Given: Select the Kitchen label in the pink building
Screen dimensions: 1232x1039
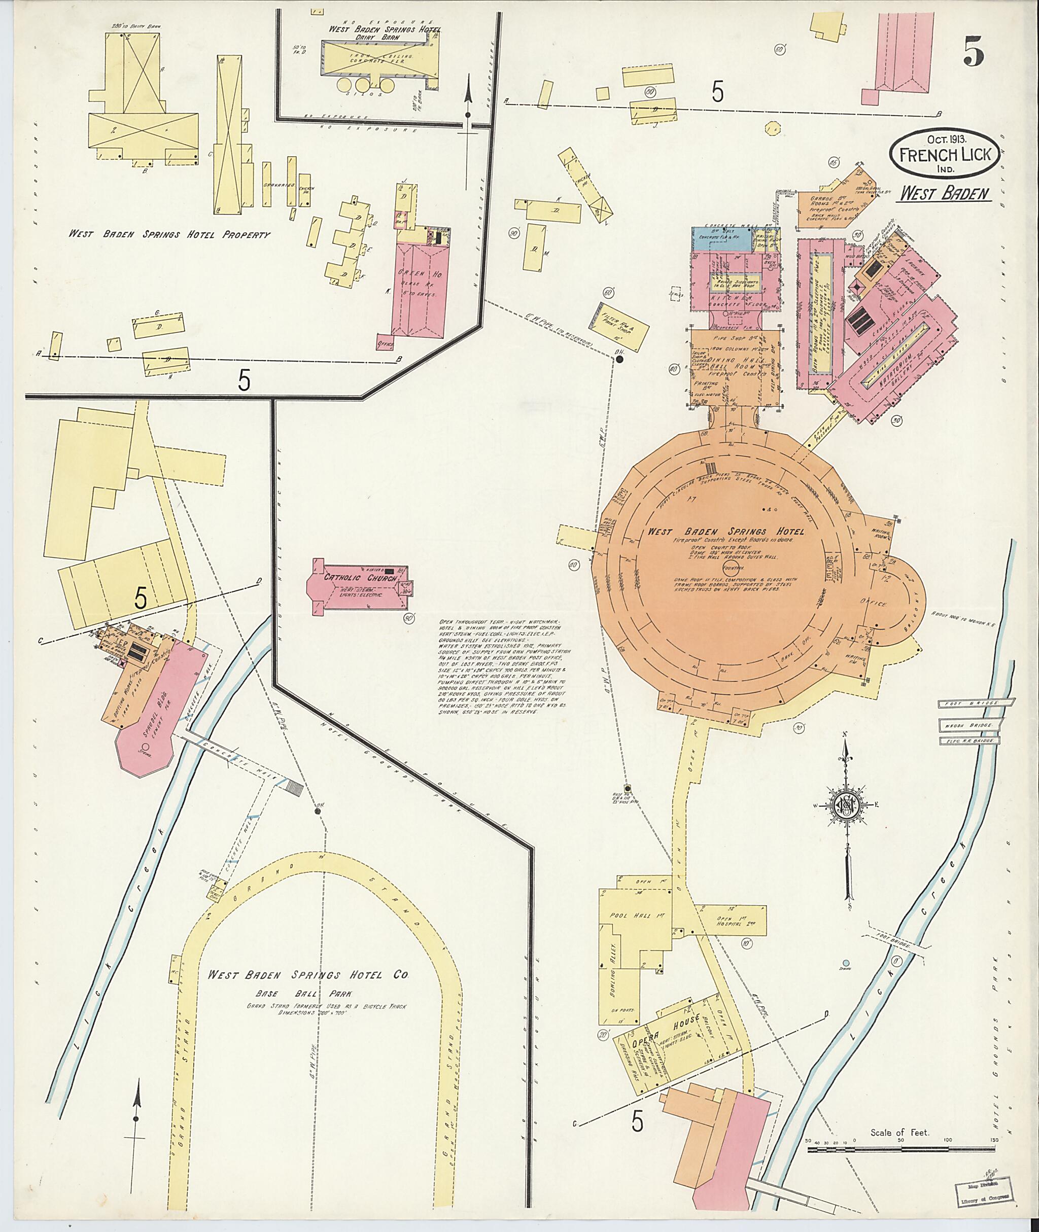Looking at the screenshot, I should point(736,299).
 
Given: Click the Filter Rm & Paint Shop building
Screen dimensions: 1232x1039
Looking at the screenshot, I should point(617,326).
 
